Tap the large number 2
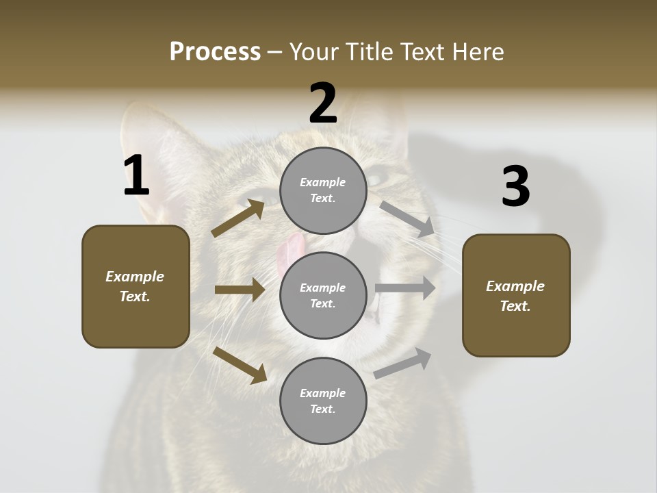(323, 103)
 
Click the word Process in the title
(215, 51)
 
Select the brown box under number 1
(136, 286)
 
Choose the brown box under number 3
(516, 295)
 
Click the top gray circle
(323, 190)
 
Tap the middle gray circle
(323, 295)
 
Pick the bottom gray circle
(323, 401)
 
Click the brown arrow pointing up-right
(238, 218)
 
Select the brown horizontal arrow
(240, 290)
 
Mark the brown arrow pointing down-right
(240, 365)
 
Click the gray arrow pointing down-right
(407, 218)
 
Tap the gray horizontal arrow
(405, 288)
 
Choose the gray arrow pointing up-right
(403, 363)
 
